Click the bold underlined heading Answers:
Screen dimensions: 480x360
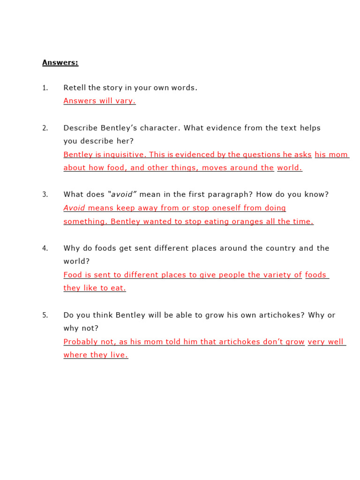point(60,62)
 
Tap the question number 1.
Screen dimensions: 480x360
point(45,88)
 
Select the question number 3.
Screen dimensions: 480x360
point(45,195)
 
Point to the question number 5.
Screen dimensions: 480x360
point(45,315)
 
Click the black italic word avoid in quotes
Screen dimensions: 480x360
point(121,195)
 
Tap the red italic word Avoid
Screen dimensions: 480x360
point(75,208)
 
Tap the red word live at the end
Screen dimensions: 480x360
point(119,355)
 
